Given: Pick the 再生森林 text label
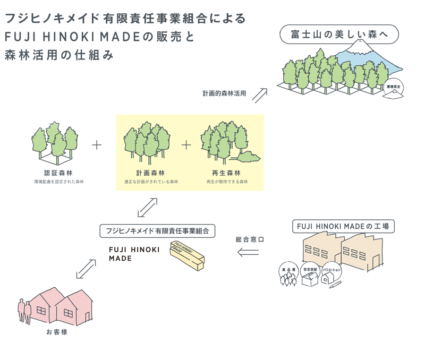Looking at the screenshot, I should click(227, 173).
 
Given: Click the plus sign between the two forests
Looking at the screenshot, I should click(186, 145).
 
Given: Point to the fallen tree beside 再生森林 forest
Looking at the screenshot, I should click(248, 157).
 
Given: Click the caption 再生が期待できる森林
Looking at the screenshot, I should click(227, 182).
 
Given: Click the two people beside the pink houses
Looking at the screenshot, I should click(24, 310).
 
